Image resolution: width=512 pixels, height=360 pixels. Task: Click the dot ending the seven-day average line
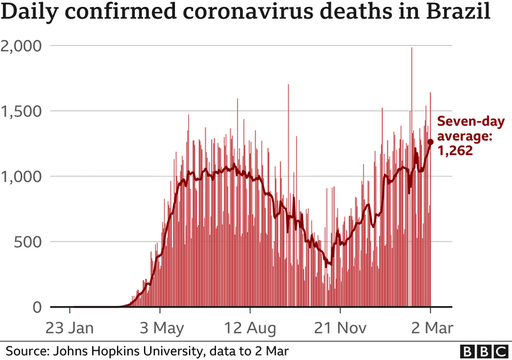tap(430, 142)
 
